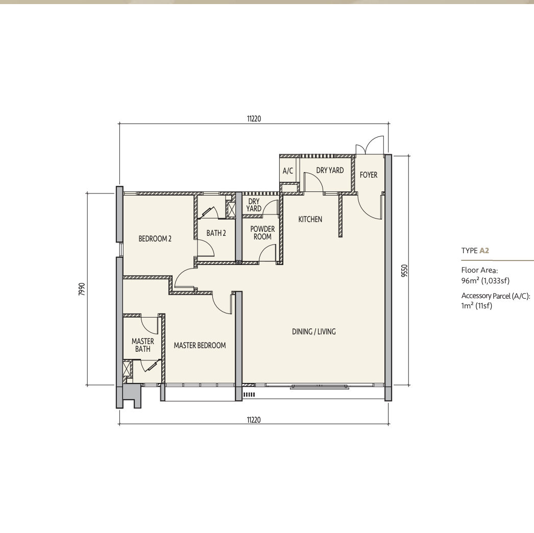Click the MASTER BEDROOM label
coord(200,345)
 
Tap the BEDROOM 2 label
coord(155,239)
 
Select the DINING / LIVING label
coord(313,331)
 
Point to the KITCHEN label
coord(310,220)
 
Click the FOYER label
coord(369,175)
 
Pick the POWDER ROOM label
coord(262,233)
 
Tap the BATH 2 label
coord(216,233)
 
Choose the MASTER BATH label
coord(143,345)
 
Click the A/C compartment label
coord(288,171)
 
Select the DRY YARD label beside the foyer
coord(330,171)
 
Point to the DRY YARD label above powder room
coord(254,205)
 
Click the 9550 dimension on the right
coord(404,271)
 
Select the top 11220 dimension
coord(254,119)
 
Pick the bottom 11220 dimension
coord(254,420)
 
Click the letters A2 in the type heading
coord(484,251)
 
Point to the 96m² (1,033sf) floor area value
coord(486,281)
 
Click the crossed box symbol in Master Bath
coord(127,368)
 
